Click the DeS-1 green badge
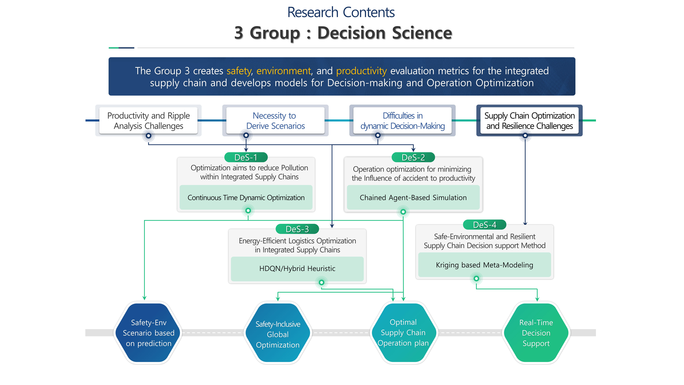click(246, 157)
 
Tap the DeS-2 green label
click(413, 157)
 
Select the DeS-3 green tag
click(297, 229)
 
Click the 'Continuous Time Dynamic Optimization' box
click(246, 198)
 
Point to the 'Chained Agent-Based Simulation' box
click(413, 198)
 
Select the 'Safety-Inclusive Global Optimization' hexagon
click(278, 334)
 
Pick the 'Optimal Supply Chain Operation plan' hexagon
click(403, 333)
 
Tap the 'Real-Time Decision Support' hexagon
click(536, 333)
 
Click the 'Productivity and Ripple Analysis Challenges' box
click(148, 121)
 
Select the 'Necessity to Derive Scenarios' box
click(275, 121)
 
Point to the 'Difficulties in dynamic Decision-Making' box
click(403, 121)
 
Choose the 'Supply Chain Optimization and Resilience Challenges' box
click(529, 121)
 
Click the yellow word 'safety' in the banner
click(239, 71)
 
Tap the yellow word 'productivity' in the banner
click(361, 71)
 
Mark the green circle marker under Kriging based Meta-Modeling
click(476, 278)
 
